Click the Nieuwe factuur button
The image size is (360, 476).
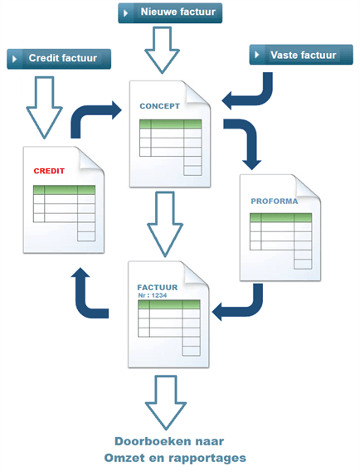pyautogui.click(x=170, y=13)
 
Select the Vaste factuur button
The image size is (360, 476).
pyautogui.click(x=301, y=55)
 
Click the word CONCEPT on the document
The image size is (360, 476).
pyautogui.click(x=159, y=106)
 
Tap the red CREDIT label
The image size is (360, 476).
pyautogui.click(x=49, y=171)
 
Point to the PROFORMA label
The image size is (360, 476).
pyautogui.click(x=275, y=202)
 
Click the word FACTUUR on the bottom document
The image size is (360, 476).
pyautogui.click(x=158, y=288)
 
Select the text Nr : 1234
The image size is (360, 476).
pyautogui.click(x=153, y=295)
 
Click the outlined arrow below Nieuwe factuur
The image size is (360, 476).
pyautogui.click(x=162, y=50)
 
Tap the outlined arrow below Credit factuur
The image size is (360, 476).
pyautogui.click(x=44, y=108)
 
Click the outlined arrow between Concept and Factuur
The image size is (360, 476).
pyautogui.click(x=165, y=224)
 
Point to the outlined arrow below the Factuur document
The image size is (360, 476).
pyautogui.click(x=166, y=402)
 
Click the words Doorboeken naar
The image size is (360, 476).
pyautogui.click(x=169, y=441)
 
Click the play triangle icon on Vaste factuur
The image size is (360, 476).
pyautogui.click(x=257, y=55)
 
